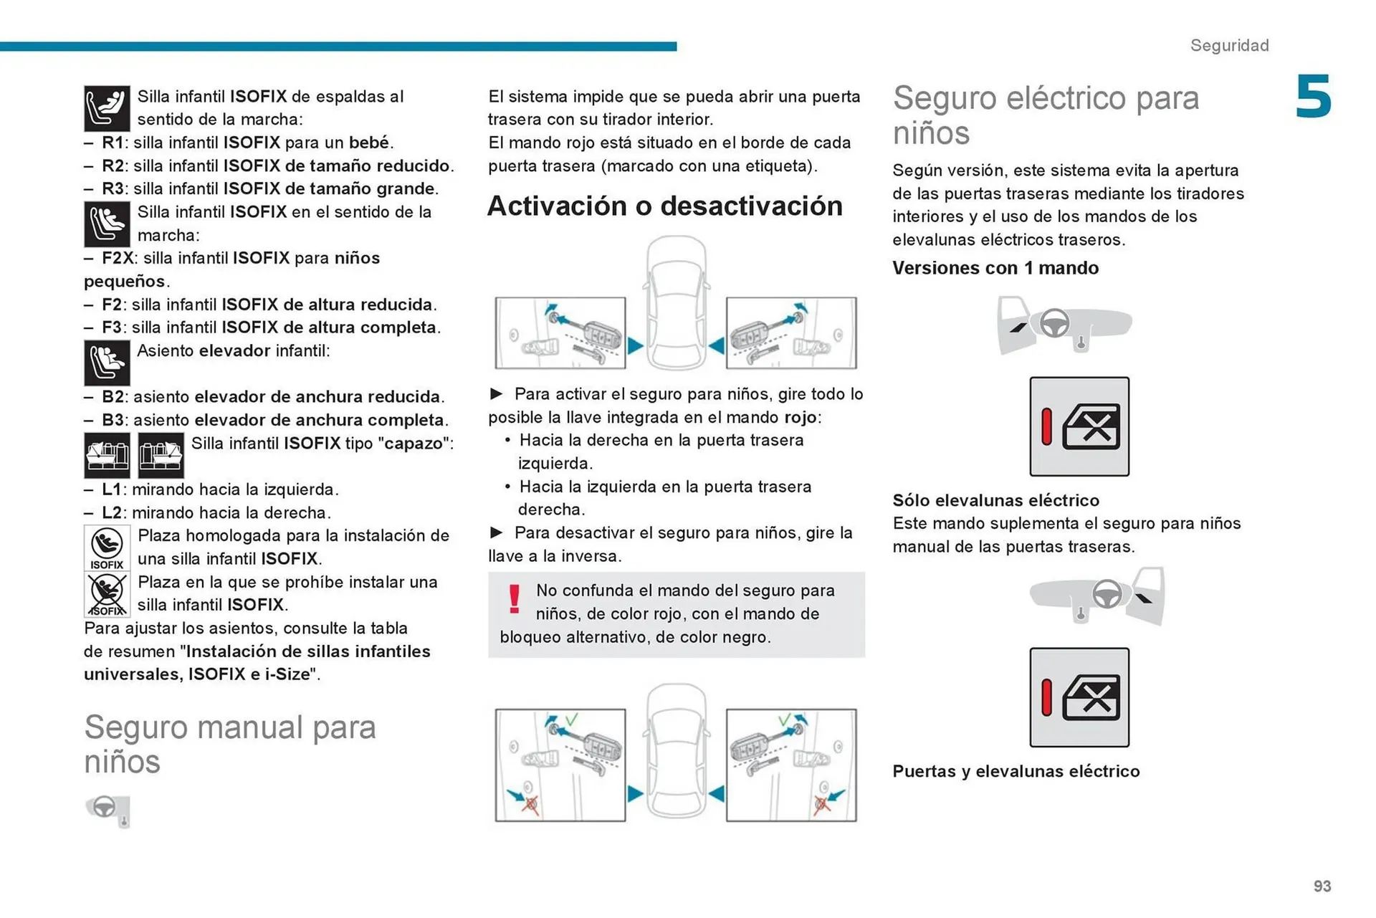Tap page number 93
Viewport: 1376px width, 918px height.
pyautogui.click(x=1322, y=886)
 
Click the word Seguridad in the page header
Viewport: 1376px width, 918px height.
pyautogui.click(x=1229, y=45)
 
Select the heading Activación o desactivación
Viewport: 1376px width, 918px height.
pyautogui.click(x=664, y=206)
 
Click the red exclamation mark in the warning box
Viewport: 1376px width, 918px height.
pyautogui.click(x=514, y=599)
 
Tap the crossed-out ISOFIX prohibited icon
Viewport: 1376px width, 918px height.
pyautogui.click(x=107, y=594)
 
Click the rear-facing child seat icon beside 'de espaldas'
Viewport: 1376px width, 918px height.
pyautogui.click(x=107, y=108)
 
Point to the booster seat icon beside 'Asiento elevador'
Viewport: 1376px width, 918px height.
pyautogui.click(x=107, y=363)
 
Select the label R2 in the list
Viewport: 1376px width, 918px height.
pyautogui.click(x=113, y=166)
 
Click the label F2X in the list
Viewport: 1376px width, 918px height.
pyautogui.click(x=118, y=258)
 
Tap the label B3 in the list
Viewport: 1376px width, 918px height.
pyautogui.click(x=113, y=420)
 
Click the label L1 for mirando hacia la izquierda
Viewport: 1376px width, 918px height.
pyautogui.click(x=113, y=489)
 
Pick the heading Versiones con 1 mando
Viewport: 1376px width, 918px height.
pyautogui.click(x=995, y=268)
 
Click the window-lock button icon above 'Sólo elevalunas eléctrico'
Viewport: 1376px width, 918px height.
pyautogui.click(x=1079, y=426)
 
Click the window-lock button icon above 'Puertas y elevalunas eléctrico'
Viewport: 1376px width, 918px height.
pyautogui.click(x=1079, y=697)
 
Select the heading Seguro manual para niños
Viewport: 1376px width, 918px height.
pyautogui.click(x=229, y=744)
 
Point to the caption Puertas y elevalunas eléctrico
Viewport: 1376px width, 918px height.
pyautogui.click(x=1016, y=771)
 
